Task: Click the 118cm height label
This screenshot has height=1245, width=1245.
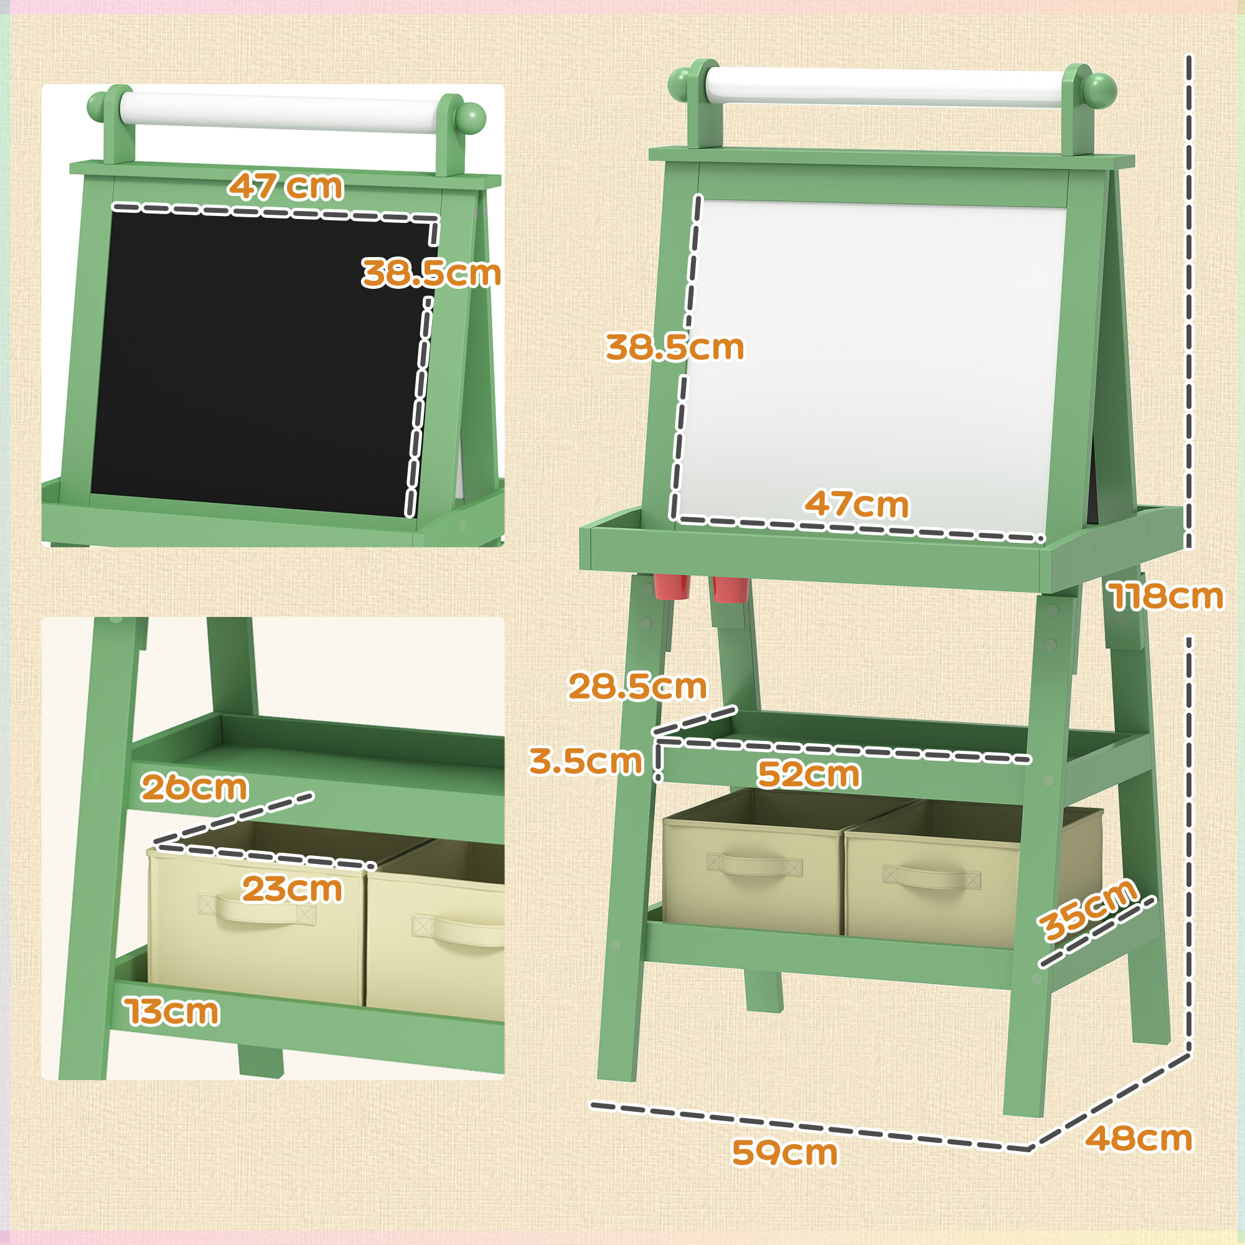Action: (x=1167, y=596)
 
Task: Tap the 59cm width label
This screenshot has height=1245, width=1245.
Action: (x=784, y=1153)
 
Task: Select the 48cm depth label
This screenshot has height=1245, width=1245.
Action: (x=1138, y=1139)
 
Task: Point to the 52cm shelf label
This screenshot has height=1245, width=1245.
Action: (x=808, y=774)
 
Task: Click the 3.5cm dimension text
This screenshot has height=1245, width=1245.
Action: (x=586, y=761)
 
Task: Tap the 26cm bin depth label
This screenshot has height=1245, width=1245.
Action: (x=194, y=787)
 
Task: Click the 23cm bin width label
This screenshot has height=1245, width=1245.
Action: (x=292, y=890)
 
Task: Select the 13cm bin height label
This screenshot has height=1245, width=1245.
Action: (x=172, y=1012)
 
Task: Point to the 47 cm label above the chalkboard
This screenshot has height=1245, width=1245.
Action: (x=286, y=186)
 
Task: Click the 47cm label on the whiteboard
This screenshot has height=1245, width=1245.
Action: (x=857, y=504)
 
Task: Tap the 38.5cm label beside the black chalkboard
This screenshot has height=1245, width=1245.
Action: (x=431, y=273)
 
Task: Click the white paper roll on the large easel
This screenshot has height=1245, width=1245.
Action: (x=883, y=87)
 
